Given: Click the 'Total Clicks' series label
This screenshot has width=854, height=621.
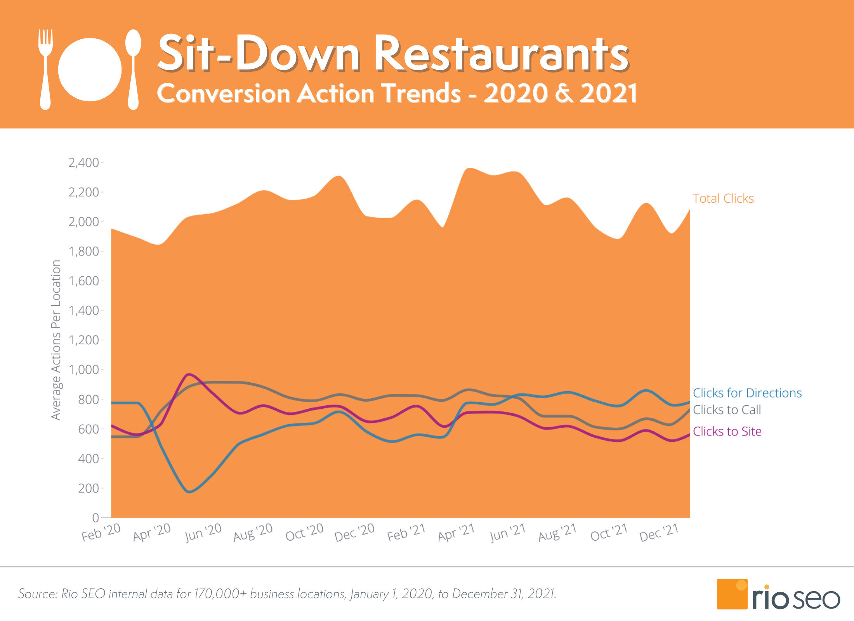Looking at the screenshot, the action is point(723,198).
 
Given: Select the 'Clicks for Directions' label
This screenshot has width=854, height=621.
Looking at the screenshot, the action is point(747,393).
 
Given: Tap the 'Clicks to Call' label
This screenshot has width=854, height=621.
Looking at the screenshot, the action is point(727,409).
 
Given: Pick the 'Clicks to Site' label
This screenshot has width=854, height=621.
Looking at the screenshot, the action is point(727,431).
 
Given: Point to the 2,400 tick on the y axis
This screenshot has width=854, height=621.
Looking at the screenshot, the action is point(83,163).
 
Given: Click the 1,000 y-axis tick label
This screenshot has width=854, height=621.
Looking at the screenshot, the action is point(83,369).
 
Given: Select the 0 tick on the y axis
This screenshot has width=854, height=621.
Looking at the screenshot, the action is point(95,517).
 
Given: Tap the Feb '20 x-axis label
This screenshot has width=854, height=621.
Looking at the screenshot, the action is point(101,532).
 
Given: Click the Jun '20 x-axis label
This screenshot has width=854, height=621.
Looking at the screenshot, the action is point(203,532).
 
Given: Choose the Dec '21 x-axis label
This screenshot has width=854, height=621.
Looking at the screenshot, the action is point(659,532).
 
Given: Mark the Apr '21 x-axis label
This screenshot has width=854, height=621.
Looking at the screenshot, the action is point(456,532).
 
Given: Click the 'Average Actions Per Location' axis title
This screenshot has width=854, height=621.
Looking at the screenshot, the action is point(56,340).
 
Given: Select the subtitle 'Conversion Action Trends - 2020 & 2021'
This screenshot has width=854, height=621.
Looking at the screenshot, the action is point(397,93).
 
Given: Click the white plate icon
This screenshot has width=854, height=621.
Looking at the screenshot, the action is point(90,70).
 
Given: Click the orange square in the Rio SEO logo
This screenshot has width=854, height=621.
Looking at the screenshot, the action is point(732,594).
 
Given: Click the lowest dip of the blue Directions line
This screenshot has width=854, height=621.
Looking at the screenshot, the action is point(189,492).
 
